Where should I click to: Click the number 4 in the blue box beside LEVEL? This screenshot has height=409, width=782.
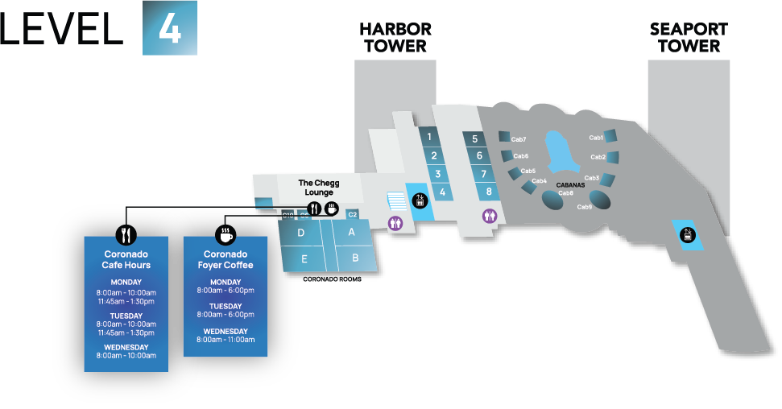(x=169, y=28)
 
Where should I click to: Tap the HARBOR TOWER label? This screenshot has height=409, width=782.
(x=395, y=38)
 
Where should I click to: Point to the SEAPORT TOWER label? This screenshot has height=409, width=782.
(x=689, y=38)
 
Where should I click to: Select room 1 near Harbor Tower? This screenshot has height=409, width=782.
(x=430, y=137)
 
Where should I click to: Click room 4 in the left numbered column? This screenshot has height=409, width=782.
(x=442, y=192)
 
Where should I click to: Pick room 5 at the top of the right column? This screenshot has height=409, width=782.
(x=475, y=138)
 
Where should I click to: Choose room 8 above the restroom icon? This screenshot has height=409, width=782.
(x=489, y=192)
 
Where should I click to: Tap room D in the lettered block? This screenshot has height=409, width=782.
(x=300, y=233)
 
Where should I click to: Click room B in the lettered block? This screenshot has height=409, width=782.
(x=355, y=258)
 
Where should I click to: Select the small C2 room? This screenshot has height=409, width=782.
(x=352, y=214)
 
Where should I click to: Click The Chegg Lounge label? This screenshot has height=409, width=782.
(x=319, y=188)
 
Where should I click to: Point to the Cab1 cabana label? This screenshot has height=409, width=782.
(x=597, y=138)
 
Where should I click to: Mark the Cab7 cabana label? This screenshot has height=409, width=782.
(x=519, y=139)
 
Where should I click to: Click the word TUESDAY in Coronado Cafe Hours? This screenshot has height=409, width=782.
(x=126, y=316)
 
